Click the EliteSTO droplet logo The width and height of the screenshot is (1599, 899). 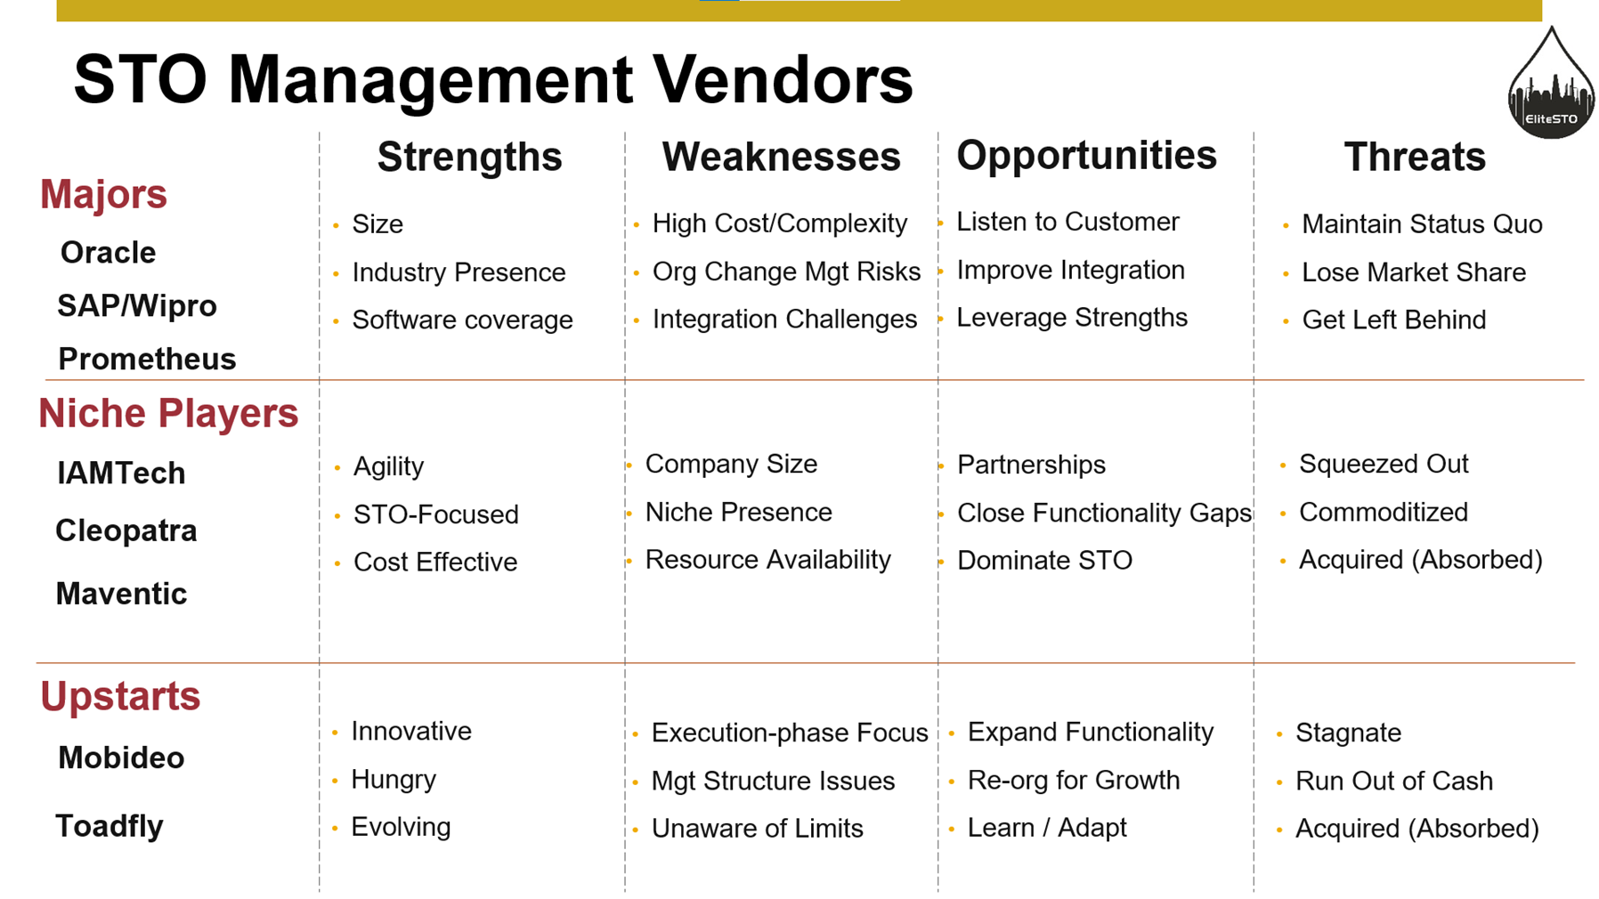(x=1551, y=84)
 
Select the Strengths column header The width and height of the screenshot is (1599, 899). (x=469, y=158)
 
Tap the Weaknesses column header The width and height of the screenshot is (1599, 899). (x=781, y=157)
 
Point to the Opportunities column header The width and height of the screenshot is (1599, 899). (x=1086, y=157)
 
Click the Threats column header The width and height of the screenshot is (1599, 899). (x=1415, y=157)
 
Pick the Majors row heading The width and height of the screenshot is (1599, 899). (x=103, y=194)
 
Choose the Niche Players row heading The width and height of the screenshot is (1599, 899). (x=168, y=413)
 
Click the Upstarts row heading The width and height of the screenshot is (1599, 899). (x=120, y=696)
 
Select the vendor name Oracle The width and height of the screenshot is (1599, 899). (x=108, y=253)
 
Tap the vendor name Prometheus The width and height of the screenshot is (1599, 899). (x=147, y=359)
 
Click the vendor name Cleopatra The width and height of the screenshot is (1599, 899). (x=126, y=530)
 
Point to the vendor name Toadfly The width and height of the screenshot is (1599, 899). (x=110, y=826)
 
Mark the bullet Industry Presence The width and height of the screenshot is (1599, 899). (x=459, y=272)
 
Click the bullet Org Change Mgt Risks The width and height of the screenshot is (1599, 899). (x=786, y=271)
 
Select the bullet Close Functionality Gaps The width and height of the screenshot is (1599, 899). (x=1104, y=513)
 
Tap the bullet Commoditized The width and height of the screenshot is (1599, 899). (x=1384, y=512)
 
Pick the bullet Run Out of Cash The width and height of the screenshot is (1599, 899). (x=1394, y=781)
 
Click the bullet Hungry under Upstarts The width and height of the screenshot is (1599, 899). (x=394, y=780)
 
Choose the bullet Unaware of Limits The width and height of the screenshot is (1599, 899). (x=758, y=829)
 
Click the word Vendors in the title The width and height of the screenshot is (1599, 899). (x=783, y=79)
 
